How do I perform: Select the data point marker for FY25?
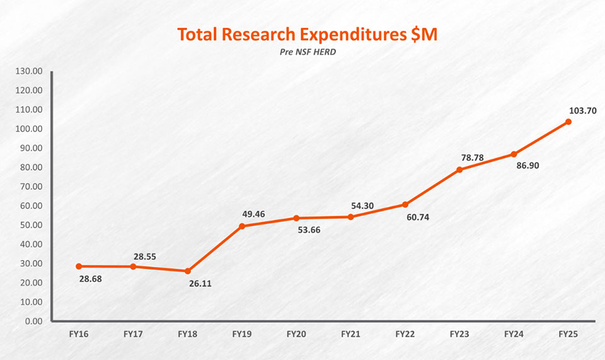click(568, 122)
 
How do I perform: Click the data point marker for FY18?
click(187, 271)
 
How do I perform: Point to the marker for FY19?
click(242, 226)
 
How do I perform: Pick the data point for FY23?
click(459, 170)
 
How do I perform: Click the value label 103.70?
click(582, 110)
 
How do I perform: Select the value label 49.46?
click(255, 214)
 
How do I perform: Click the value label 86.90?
click(529, 166)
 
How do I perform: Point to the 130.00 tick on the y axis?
click(29, 71)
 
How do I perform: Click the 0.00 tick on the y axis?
click(32, 321)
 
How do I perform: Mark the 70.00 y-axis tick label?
click(31, 187)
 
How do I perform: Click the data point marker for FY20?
click(296, 218)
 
